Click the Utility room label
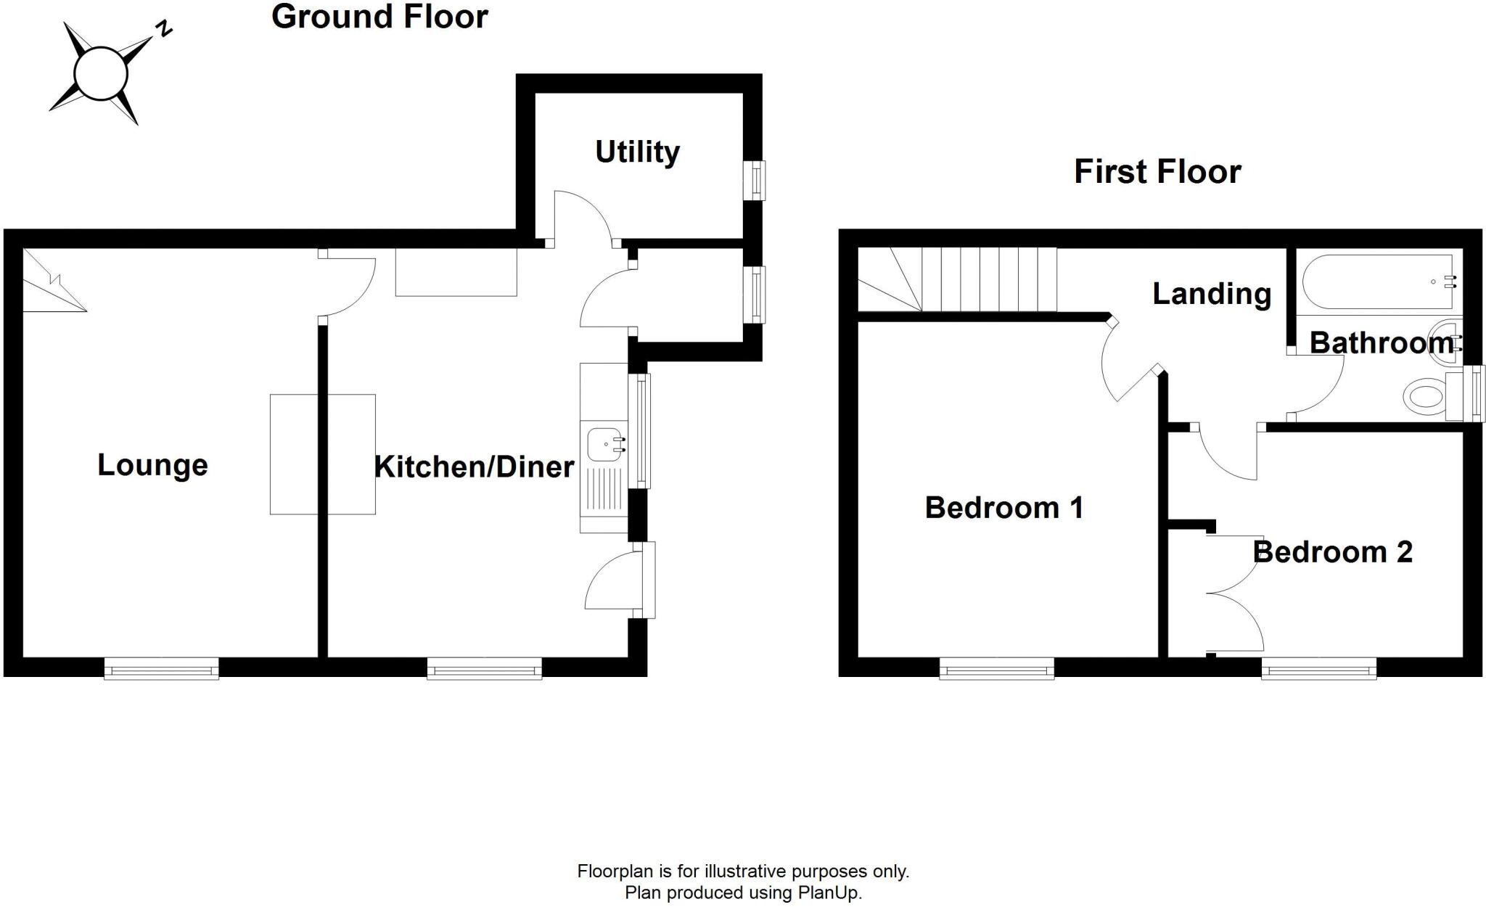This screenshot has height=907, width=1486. coord(637,152)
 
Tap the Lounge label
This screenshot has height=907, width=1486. coord(152,465)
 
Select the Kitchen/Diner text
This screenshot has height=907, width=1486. coord(474,467)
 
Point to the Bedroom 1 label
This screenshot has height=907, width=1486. coord(1004,508)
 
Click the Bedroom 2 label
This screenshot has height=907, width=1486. coord(1332,552)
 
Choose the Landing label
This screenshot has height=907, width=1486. coord(1212,294)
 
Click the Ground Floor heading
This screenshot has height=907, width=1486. coord(379,17)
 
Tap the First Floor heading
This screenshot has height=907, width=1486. coord(1157,172)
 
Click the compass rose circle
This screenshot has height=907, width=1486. coord(101,73)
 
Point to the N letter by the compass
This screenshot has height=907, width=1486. coord(165,29)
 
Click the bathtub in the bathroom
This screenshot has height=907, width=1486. coord(1377,282)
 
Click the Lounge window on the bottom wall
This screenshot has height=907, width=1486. coord(161,668)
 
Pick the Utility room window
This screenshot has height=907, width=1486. coord(756,179)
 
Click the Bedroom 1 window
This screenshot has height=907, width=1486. coord(996,668)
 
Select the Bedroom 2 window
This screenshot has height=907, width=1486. coord(1318,668)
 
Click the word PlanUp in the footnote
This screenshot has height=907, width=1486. coord(829,892)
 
